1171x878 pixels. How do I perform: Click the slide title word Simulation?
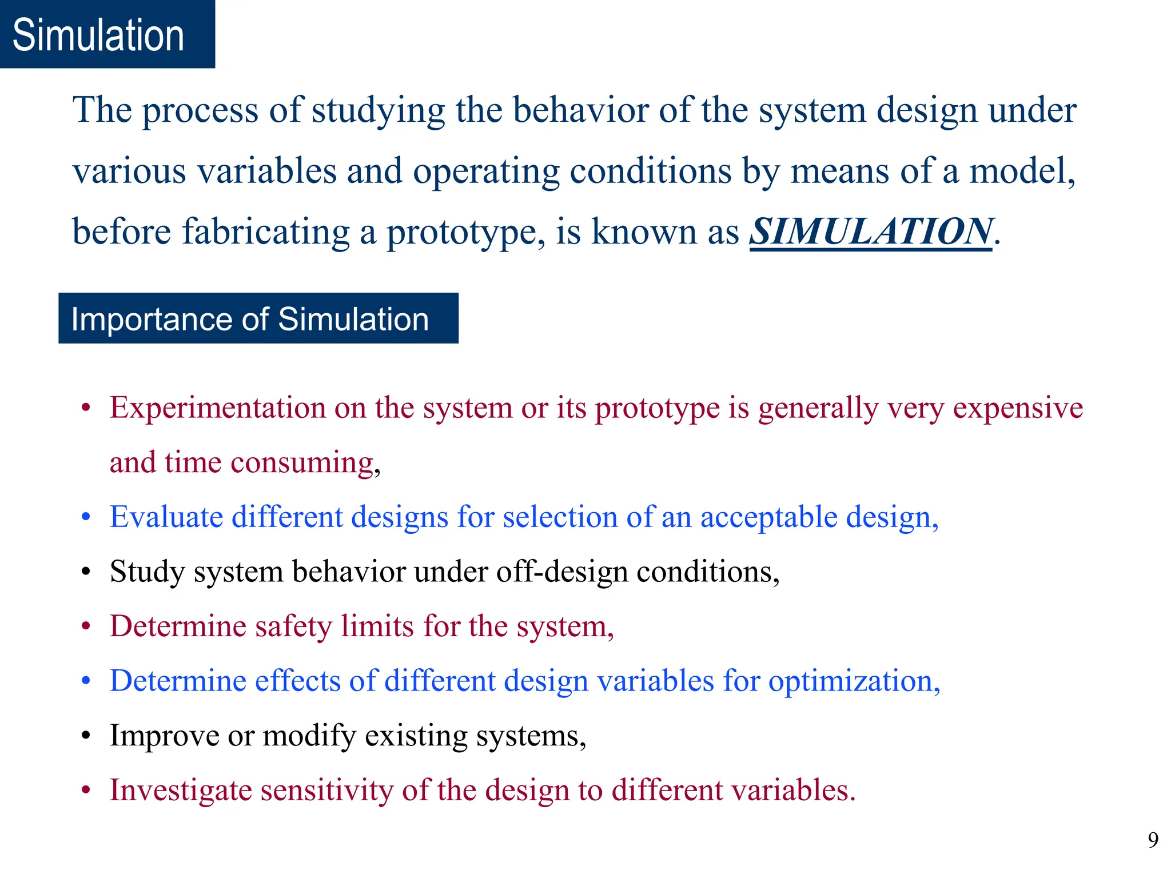(x=98, y=35)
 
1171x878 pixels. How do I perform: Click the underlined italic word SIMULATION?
(x=870, y=232)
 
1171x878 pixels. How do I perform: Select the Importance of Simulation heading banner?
(x=258, y=318)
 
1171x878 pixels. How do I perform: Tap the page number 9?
(x=1153, y=840)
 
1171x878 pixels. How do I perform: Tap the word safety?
(x=293, y=626)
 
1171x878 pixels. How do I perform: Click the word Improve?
(x=164, y=736)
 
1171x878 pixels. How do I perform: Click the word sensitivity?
(x=326, y=791)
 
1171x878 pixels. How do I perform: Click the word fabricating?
(x=265, y=233)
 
